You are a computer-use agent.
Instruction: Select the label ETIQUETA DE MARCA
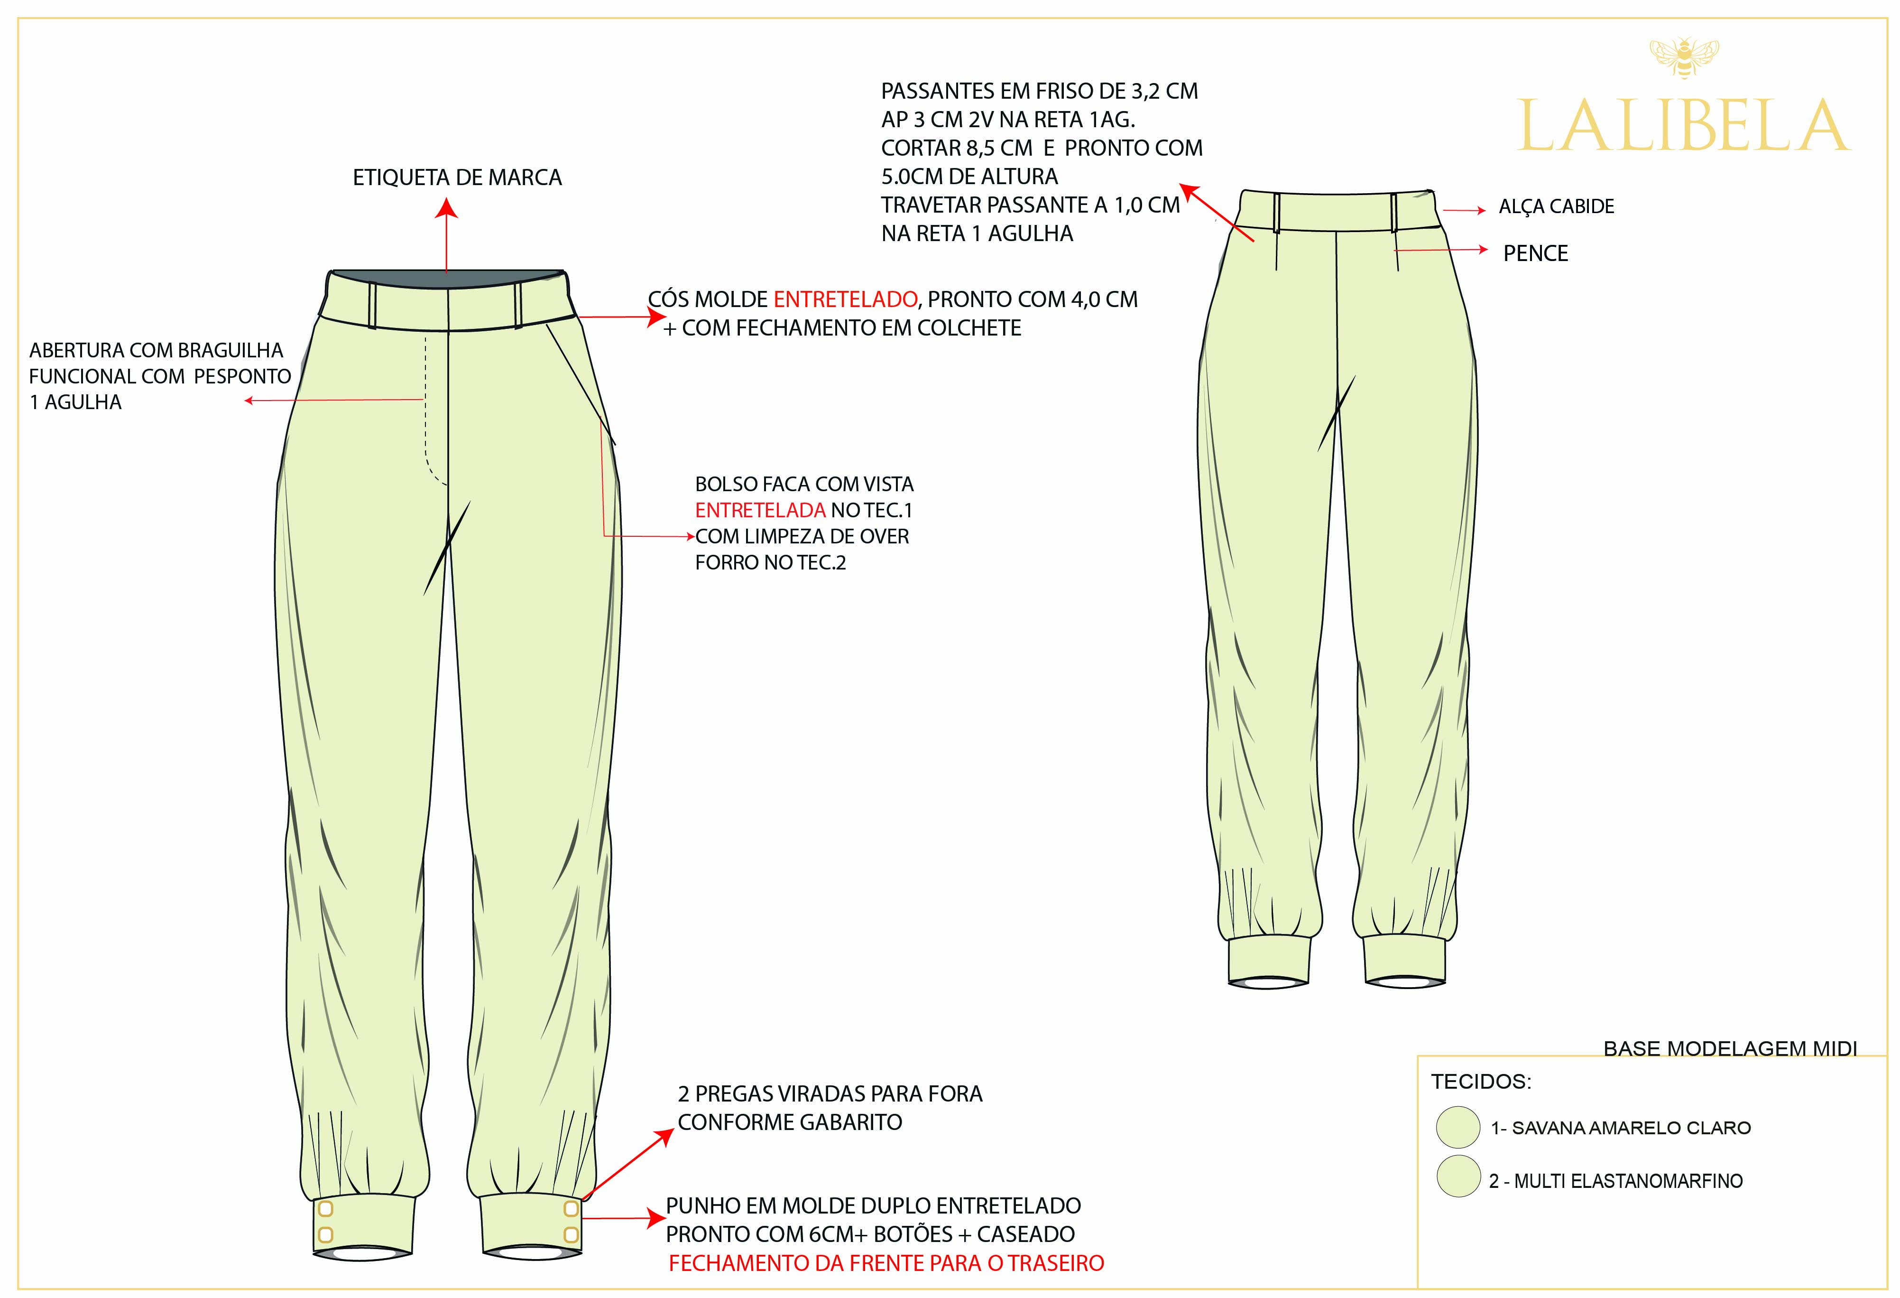point(457,177)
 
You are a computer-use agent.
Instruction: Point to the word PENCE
point(1535,253)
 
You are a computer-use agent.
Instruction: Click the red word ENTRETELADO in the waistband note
point(845,299)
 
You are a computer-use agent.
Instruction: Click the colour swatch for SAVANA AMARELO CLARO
point(1457,1127)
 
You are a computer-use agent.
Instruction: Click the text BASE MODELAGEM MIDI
point(1730,1048)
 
